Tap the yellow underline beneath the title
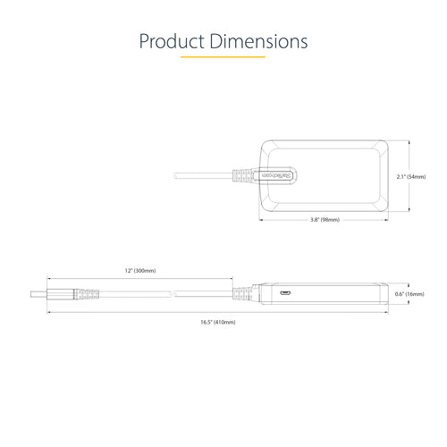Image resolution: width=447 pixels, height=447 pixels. (x=223, y=57)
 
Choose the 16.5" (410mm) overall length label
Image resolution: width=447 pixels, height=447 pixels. (x=219, y=321)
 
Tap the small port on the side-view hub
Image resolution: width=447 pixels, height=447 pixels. (x=284, y=292)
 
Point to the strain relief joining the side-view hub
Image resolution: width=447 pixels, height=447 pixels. (x=244, y=293)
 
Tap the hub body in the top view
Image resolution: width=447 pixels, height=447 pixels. (x=340, y=177)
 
